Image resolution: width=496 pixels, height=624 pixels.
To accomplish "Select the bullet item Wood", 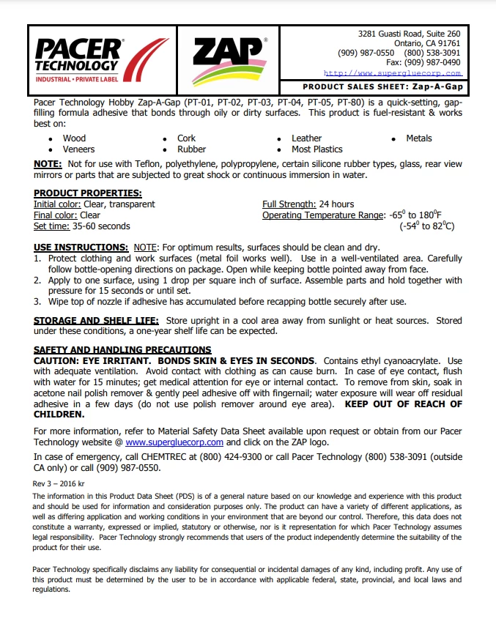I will click(74, 138).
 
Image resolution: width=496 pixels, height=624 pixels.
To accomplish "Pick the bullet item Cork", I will click(186, 138).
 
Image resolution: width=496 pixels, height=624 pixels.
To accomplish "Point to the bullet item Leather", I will click(306, 138).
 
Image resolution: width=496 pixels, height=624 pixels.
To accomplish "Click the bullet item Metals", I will click(419, 138).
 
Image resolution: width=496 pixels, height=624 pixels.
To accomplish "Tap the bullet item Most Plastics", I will click(317, 149).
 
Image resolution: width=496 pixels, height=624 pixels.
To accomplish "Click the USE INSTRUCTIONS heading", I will click(81, 248).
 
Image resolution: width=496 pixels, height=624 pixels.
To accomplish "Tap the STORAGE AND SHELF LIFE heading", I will click(96, 321).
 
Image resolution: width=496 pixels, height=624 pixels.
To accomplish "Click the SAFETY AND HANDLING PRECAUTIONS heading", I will click(122, 350).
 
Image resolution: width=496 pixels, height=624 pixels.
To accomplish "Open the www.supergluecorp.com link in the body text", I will click(174, 442).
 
